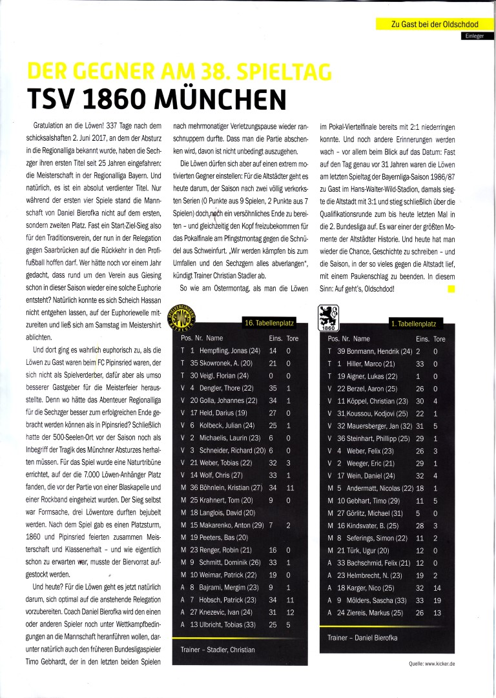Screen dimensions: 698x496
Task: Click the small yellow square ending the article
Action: tap(451, 271)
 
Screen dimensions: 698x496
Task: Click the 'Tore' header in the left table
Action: tap(291, 338)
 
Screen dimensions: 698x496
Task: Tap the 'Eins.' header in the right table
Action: tap(422, 338)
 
